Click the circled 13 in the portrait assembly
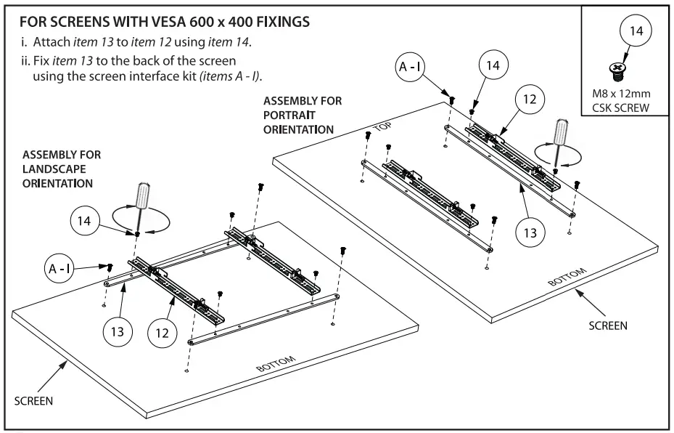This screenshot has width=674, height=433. tap(530, 232)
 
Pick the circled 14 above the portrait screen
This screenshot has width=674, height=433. tap(493, 65)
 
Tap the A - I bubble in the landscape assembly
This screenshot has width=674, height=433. tap(59, 269)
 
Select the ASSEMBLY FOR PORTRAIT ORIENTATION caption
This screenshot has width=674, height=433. tap(302, 114)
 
